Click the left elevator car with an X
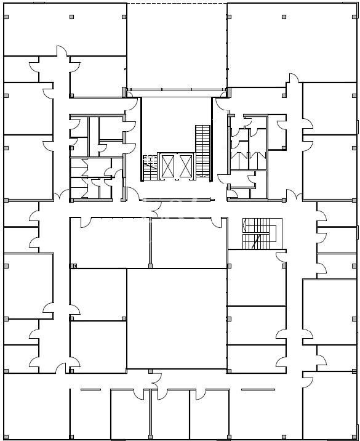pos(167,165)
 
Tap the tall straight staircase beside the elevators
pos(202,148)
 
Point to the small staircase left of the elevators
pos(150,166)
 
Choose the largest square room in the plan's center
pos(177,318)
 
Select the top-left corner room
pos(65,29)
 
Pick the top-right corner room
pos(292,43)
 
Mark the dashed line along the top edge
pos(177,4)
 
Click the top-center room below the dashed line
pos(177,46)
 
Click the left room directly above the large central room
pos(110,243)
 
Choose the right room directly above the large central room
pos(189,243)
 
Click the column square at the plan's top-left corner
pos(6,17)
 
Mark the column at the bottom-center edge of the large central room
pos(150,371)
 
